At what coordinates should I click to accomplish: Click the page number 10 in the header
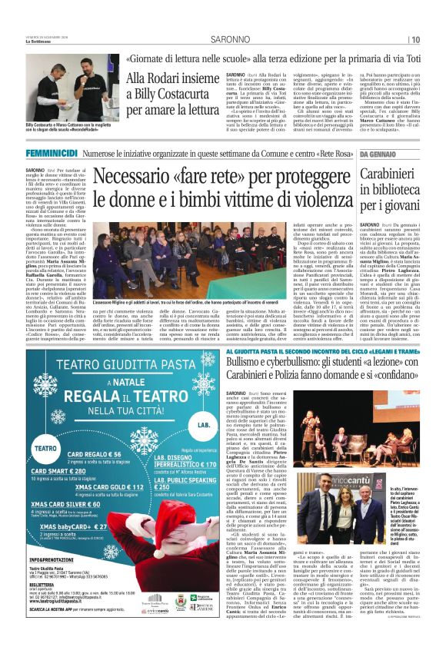pyautogui.click(x=435, y=38)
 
